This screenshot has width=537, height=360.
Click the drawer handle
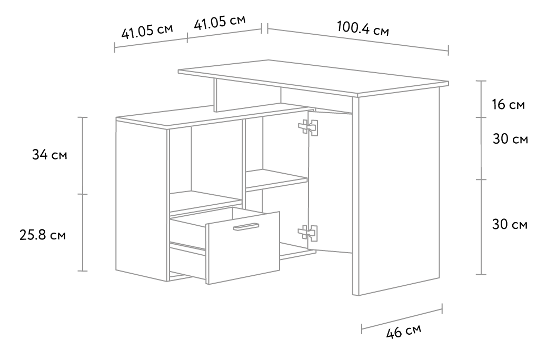pyautogui.click(x=246, y=227)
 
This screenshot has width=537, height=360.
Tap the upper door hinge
pyautogui.click(x=309, y=127)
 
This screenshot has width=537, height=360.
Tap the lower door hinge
pyautogui.click(x=309, y=232)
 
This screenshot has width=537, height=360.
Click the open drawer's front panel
pyautogui.click(x=243, y=253)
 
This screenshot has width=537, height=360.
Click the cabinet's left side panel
pyautogui.click(x=141, y=200)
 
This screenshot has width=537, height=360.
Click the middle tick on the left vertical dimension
pyautogui.click(x=83, y=194)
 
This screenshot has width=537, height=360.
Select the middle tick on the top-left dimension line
pyautogui.click(x=187, y=37)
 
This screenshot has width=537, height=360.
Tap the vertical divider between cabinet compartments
pyautogui.click(x=243, y=158)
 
